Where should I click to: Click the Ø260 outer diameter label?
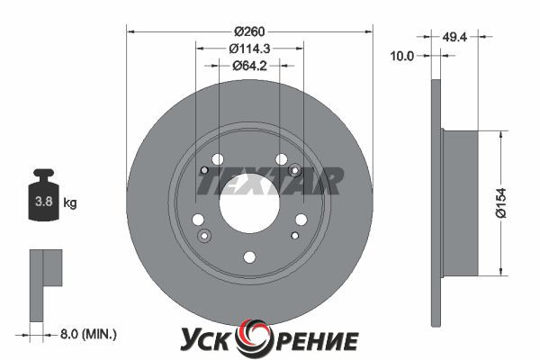coord(249,31)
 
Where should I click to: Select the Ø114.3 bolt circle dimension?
coord(249,49)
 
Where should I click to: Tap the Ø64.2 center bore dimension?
coord(249,66)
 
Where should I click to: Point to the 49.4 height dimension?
coord(454,37)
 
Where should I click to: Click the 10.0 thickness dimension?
coord(402,56)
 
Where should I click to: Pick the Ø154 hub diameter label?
coord(501,202)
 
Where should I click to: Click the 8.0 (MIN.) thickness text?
coord(88,334)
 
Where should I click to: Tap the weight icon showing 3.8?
coord(43,194)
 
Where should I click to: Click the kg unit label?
coord(70,202)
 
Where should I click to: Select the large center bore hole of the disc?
coord(249,203)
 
